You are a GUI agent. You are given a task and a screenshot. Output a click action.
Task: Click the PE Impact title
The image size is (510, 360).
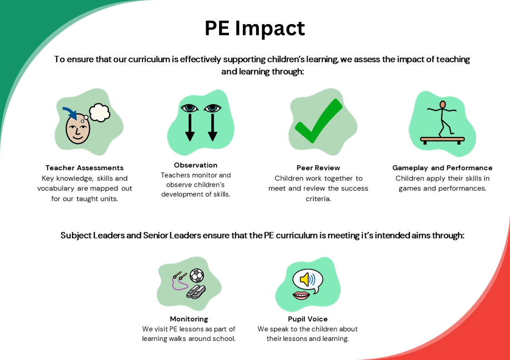[x=255, y=28]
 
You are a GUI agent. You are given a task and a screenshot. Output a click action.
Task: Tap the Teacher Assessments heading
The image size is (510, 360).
[x=84, y=168]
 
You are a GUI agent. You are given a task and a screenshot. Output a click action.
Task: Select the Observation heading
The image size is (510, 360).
[x=195, y=165]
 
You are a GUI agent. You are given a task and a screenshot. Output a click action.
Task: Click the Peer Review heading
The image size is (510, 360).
[x=318, y=168]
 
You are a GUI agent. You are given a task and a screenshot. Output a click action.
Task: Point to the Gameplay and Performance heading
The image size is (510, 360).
[x=442, y=168]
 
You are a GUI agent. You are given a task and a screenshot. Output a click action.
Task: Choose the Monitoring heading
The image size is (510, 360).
[x=189, y=319]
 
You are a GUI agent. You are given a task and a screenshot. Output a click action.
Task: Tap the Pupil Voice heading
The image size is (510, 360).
[x=308, y=319]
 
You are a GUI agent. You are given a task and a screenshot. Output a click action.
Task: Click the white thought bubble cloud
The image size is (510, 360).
[x=99, y=113]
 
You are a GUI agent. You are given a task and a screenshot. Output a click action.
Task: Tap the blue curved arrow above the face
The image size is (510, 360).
[x=70, y=113]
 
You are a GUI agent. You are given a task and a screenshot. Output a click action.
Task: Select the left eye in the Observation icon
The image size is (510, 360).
[x=190, y=108]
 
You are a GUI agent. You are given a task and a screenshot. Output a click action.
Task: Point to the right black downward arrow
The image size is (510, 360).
[x=213, y=127]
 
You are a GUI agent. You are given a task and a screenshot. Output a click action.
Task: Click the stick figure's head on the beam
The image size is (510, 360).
[x=443, y=105]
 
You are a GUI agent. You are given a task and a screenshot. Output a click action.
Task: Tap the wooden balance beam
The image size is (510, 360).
[x=442, y=140]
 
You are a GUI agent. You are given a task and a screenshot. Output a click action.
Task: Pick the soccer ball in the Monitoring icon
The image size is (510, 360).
[x=197, y=276]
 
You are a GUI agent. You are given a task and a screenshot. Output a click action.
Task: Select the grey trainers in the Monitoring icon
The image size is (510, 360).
[x=196, y=292]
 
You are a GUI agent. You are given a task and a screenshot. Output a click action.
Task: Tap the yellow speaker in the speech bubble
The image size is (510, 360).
[x=305, y=279]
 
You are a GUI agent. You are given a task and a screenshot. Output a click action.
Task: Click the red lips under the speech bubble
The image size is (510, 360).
[x=301, y=296]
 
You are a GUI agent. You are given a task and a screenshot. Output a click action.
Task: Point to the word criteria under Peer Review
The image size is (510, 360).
[x=318, y=199]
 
